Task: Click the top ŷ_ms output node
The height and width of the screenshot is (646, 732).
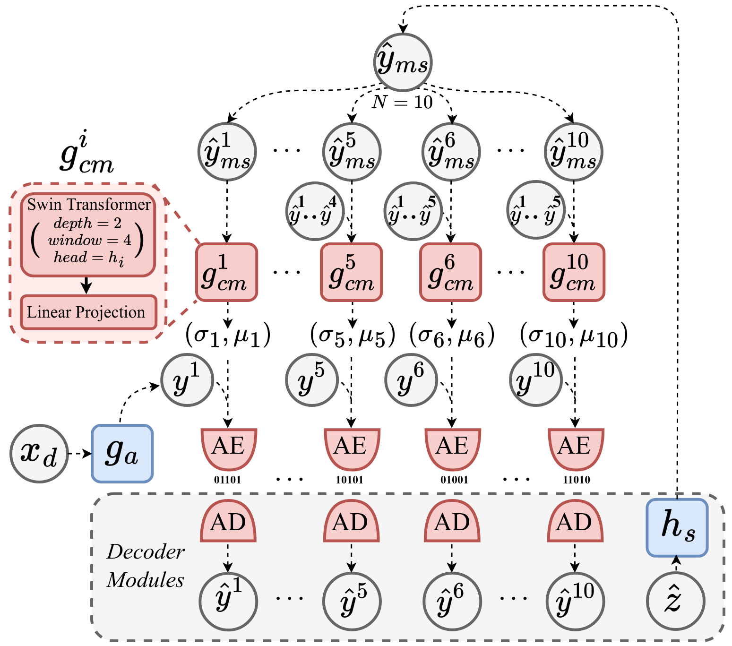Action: pos(403,62)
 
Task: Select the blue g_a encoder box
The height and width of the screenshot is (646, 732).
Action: pos(122,453)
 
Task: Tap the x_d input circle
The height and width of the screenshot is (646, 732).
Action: pos(39,453)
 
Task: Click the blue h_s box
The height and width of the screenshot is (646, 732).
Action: pos(677,527)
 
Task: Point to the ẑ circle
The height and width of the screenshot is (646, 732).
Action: pos(675,601)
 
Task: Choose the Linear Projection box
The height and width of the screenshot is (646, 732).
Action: pos(88,312)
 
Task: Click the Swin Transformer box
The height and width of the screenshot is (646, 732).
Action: pos(88,234)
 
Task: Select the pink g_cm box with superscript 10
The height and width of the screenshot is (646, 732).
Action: pos(574,272)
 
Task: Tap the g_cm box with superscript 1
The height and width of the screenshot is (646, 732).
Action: pos(227,272)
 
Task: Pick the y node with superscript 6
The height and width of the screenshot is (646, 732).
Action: pos(411,379)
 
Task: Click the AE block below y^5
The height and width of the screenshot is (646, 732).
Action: pos(352,448)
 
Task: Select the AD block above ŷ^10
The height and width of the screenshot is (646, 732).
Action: pos(575,522)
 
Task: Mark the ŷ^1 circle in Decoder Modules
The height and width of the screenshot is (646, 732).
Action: pos(228,601)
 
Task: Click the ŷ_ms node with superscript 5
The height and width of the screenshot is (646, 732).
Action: pos(352,152)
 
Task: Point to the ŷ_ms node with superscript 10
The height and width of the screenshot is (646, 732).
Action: pos(574,152)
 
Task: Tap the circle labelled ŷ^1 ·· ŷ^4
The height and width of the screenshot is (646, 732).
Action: pos(315,211)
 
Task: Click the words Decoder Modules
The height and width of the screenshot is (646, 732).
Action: pos(146,566)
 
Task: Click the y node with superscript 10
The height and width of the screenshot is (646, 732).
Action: pos(536,379)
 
